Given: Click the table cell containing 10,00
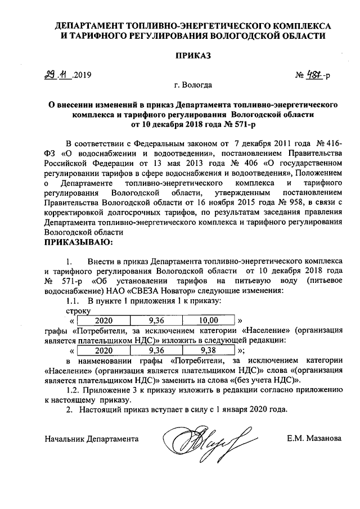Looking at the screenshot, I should point(209,321).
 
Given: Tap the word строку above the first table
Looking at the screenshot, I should point(78,310).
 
